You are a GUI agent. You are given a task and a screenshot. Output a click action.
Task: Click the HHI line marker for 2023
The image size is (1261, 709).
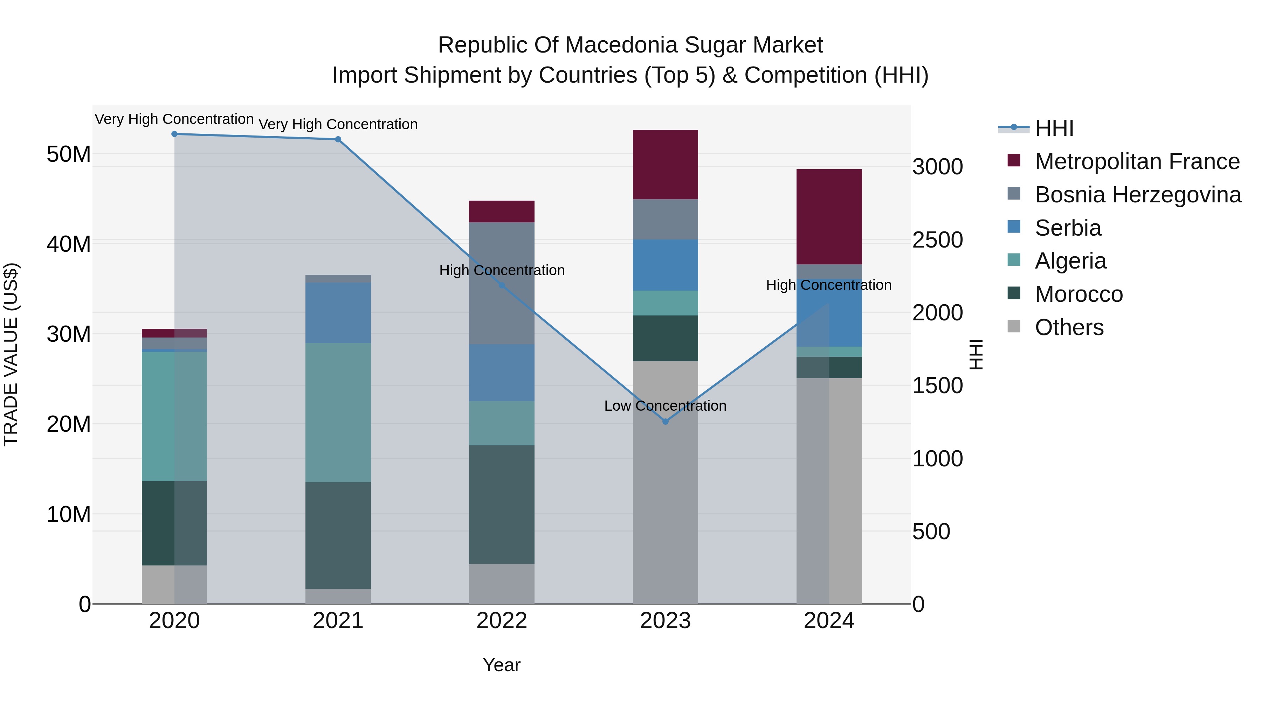665,421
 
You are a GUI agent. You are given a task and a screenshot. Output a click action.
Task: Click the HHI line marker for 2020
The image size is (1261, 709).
174,134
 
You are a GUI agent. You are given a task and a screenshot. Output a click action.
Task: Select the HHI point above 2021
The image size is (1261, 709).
338,139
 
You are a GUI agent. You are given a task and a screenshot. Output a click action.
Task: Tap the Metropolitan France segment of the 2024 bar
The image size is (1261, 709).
829,217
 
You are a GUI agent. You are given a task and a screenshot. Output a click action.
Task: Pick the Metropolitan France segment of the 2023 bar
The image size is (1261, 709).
665,165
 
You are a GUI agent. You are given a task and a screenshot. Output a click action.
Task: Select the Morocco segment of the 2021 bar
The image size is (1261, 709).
338,535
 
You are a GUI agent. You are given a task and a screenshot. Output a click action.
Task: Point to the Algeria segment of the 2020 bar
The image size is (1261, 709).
174,416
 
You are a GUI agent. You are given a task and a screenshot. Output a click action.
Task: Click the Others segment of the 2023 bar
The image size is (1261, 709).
665,482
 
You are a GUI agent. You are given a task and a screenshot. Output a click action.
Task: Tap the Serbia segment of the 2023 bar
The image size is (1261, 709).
665,265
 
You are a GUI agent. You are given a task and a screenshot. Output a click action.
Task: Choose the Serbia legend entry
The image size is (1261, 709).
1068,228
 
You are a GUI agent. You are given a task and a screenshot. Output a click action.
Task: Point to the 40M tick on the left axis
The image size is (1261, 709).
69,244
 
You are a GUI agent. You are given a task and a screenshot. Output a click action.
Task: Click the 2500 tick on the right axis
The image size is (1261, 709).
937,240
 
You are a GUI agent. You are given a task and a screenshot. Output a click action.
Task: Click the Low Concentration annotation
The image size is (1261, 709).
665,406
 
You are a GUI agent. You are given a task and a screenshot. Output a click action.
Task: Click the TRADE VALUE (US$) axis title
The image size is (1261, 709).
11,354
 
